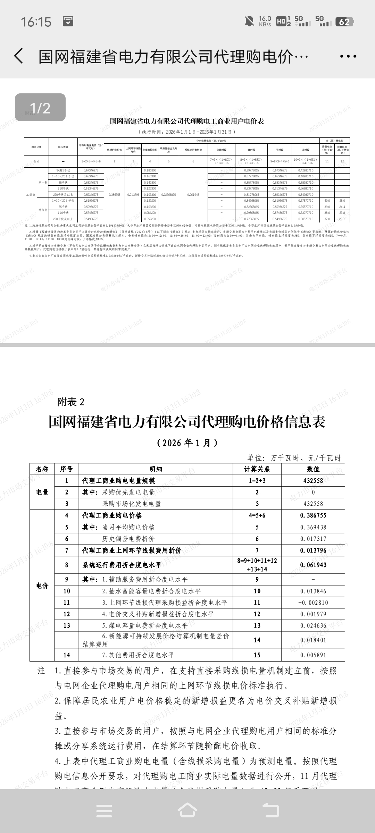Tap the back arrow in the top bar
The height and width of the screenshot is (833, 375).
coord(19,56)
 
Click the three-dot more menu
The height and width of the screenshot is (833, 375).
coord(348,56)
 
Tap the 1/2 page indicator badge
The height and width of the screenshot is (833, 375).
coord(40,108)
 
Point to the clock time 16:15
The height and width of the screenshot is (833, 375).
coord(36,22)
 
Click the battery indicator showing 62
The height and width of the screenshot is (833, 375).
coord(344,22)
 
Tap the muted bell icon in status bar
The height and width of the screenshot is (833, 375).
coord(249,22)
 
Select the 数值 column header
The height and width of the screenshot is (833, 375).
coord(313,469)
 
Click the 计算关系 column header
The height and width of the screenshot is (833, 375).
coord(257,469)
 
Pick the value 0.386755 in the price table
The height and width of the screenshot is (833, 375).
coord(313,515)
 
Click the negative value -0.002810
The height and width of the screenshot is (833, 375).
coord(313,603)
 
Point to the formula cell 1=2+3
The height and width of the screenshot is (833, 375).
coord(257,481)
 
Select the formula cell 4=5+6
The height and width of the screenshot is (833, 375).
coord(257,515)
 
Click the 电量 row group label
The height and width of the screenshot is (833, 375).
coord(42,492)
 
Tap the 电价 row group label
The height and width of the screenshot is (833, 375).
coord(42,586)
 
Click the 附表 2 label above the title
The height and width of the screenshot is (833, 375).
coord(71,402)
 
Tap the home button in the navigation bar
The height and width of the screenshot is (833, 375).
coord(187,811)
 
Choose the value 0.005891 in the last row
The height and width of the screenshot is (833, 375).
coord(313,655)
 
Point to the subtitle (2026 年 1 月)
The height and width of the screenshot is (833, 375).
coord(187,443)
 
